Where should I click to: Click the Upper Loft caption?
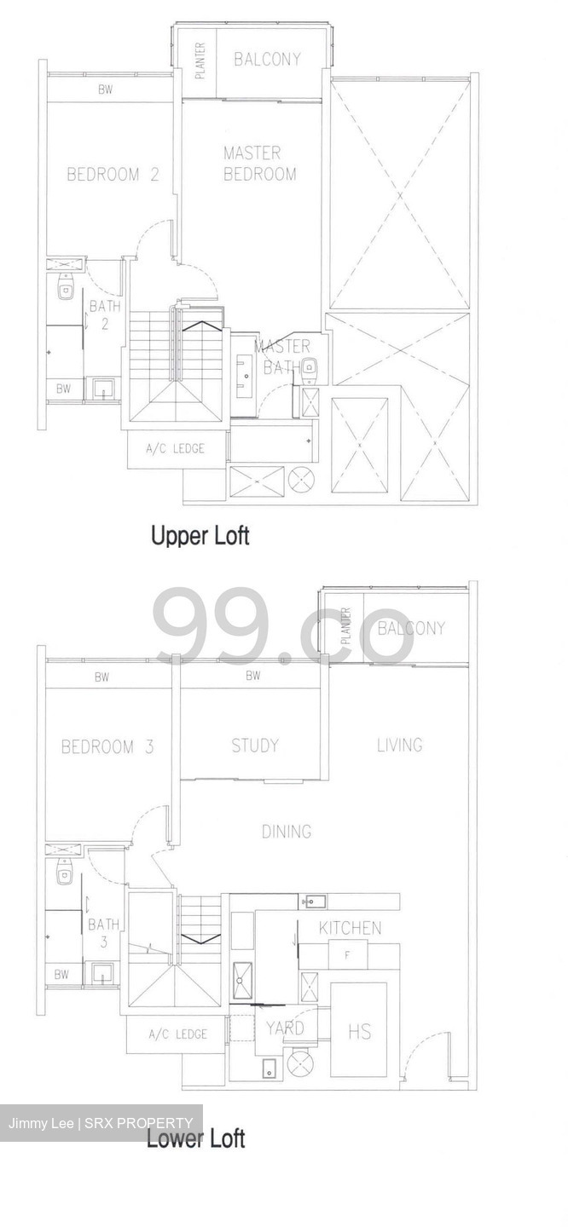(x=200, y=536)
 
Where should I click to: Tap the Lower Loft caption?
(x=195, y=1138)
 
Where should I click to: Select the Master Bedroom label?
(x=259, y=164)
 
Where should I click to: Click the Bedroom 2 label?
(x=113, y=176)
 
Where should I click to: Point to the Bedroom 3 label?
(x=107, y=747)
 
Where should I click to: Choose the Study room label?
(x=255, y=746)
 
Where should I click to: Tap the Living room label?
(x=399, y=745)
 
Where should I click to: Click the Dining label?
(x=286, y=832)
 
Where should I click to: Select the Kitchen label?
(x=350, y=928)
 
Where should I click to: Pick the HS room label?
(x=359, y=1031)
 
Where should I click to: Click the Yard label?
(x=284, y=1028)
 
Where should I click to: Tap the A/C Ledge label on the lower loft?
(x=177, y=1034)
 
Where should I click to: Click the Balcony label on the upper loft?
(x=267, y=59)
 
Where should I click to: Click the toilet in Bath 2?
(x=65, y=290)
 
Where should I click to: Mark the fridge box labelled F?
(x=347, y=955)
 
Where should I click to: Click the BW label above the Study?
(x=252, y=677)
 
